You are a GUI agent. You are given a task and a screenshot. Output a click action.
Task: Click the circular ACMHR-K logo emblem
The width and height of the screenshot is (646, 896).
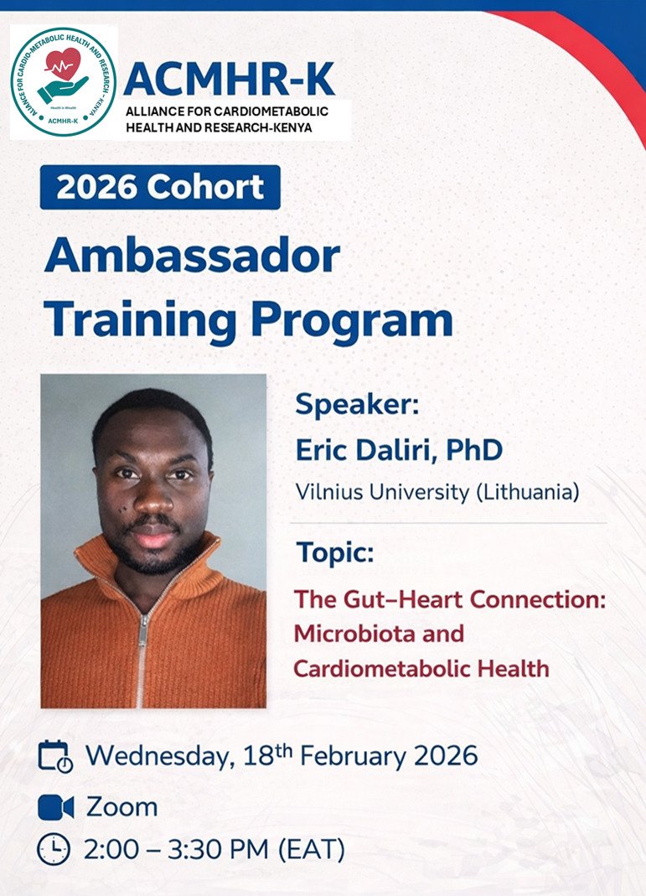[64, 81]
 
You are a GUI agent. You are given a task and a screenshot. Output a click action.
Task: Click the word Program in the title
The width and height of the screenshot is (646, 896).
[356, 319]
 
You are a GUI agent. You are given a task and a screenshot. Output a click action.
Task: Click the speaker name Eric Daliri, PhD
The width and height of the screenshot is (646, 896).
[399, 450]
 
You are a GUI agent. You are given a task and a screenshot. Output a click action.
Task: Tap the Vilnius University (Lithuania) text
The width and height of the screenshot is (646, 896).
[437, 492]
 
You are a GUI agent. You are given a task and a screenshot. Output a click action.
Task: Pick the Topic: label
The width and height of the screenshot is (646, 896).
[335, 554]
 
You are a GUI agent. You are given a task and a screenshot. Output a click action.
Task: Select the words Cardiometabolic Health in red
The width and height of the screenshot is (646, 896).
[421, 668]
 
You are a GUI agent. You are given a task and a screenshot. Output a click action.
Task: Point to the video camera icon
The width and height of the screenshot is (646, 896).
[55, 807]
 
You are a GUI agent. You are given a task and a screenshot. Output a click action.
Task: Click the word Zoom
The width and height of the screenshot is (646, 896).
[121, 807]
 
